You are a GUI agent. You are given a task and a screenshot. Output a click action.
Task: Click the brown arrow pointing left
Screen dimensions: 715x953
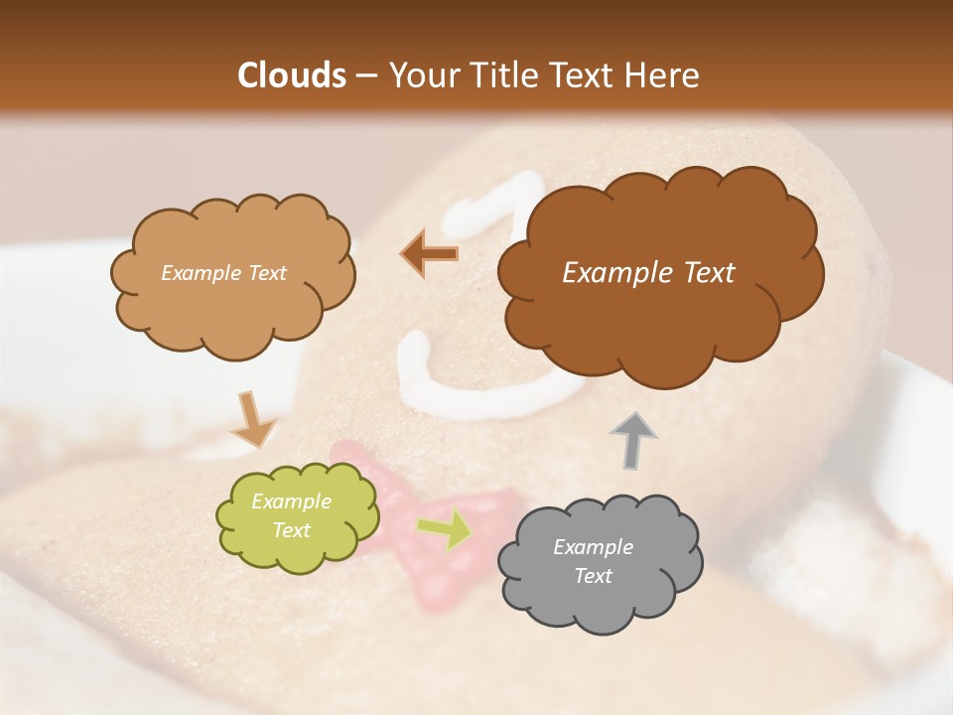(430, 254)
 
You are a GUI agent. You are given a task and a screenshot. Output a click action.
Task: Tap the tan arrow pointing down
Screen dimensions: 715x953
(253, 420)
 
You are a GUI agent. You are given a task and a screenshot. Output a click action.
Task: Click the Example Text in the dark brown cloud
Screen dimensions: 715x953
(648, 273)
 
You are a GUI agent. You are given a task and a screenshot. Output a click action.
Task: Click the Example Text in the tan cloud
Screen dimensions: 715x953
(223, 273)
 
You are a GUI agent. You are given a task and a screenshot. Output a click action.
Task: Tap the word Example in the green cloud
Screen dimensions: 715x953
(291, 501)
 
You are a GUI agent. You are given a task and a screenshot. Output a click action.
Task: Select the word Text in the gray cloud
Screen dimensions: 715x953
(593, 576)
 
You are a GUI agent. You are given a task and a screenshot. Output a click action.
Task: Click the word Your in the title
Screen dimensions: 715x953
(419, 75)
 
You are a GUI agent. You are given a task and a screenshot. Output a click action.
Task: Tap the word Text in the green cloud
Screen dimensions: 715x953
(291, 530)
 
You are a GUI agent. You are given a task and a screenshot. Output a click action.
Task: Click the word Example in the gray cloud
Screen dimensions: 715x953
(593, 547)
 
